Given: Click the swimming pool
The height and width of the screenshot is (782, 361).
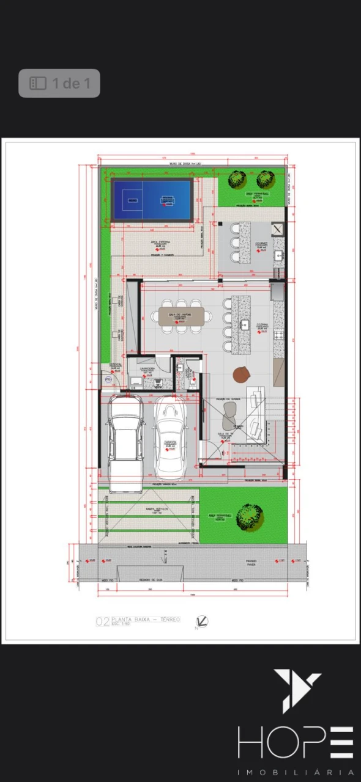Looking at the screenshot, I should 152,200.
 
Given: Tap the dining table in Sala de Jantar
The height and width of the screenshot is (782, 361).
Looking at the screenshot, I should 181,316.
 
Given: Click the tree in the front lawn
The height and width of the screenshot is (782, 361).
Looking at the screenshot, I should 250,516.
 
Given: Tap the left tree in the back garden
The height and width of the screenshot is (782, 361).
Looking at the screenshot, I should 237,179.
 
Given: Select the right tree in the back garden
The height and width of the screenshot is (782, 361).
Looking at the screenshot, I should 265,178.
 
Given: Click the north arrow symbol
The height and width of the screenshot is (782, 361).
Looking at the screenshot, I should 202,622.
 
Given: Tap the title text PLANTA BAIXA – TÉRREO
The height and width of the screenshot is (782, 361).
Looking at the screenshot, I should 146,619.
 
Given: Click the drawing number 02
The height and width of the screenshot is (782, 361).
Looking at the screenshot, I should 102,622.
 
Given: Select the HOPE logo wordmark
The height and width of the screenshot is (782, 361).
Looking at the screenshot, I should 296,742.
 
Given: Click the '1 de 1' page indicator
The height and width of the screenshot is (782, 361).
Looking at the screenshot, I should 59,83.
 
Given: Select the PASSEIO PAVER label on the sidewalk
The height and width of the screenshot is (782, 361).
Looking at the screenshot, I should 251,562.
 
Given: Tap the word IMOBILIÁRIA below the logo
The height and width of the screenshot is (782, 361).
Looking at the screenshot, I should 296,772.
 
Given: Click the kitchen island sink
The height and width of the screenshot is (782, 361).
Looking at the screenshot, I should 245,324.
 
